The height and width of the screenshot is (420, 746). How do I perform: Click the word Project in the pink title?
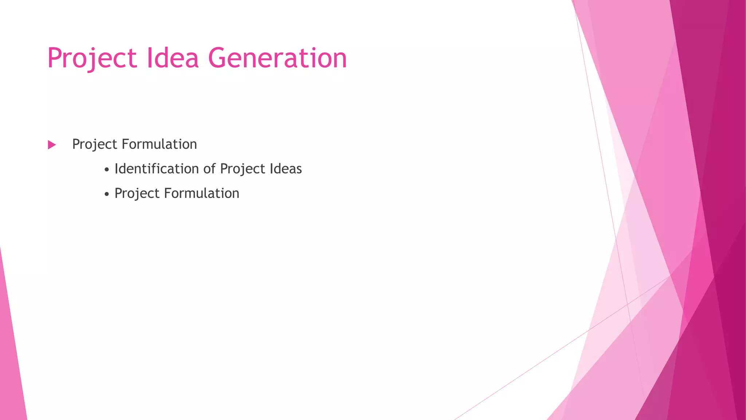(x=92, y=58)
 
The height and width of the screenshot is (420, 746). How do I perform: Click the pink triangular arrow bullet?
(x=52, y=145)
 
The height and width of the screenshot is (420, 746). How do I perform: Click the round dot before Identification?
(x=106, y=170)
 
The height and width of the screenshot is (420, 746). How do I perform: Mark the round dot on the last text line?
(x=106, y=194)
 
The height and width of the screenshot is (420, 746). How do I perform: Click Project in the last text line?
(x=137, y=194)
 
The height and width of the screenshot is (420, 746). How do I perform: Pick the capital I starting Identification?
(x=117, y=169)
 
